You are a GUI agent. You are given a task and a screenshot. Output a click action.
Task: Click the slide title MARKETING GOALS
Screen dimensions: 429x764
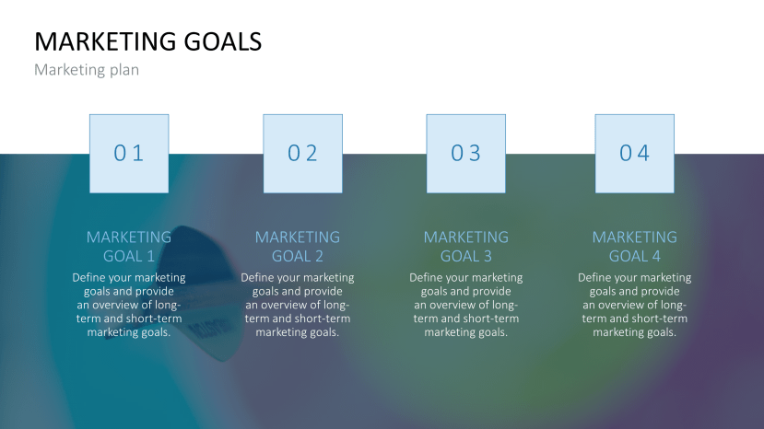[147, 41]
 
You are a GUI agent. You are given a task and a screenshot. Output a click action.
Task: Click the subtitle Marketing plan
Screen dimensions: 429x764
[87, 70]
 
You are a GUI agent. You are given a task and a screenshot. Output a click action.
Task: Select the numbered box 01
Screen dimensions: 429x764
[129, 154]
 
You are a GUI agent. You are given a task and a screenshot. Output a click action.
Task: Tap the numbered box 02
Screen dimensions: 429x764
[302, 154]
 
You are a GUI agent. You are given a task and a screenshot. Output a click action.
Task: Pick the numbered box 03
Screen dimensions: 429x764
[466, 154]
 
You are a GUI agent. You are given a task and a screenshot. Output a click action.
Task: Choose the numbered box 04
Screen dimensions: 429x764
[634, 154]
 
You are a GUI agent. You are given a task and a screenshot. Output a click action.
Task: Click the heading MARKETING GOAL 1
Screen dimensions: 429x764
[129, 247]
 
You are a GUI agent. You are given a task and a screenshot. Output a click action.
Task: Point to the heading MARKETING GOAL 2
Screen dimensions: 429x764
[298, 247]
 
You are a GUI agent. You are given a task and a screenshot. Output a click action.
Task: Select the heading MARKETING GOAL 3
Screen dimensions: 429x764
[466, 247]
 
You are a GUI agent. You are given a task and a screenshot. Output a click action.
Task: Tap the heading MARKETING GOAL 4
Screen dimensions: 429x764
[635, 247]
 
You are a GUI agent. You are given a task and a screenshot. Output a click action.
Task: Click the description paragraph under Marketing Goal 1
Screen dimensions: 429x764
[129, 305]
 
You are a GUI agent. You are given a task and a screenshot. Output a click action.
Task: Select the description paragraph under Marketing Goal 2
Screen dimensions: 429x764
[298, 305]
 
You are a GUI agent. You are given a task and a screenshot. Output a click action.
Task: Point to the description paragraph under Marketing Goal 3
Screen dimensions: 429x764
[466, 305]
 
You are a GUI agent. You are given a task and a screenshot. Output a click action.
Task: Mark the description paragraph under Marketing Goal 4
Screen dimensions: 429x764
[635, 305]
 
